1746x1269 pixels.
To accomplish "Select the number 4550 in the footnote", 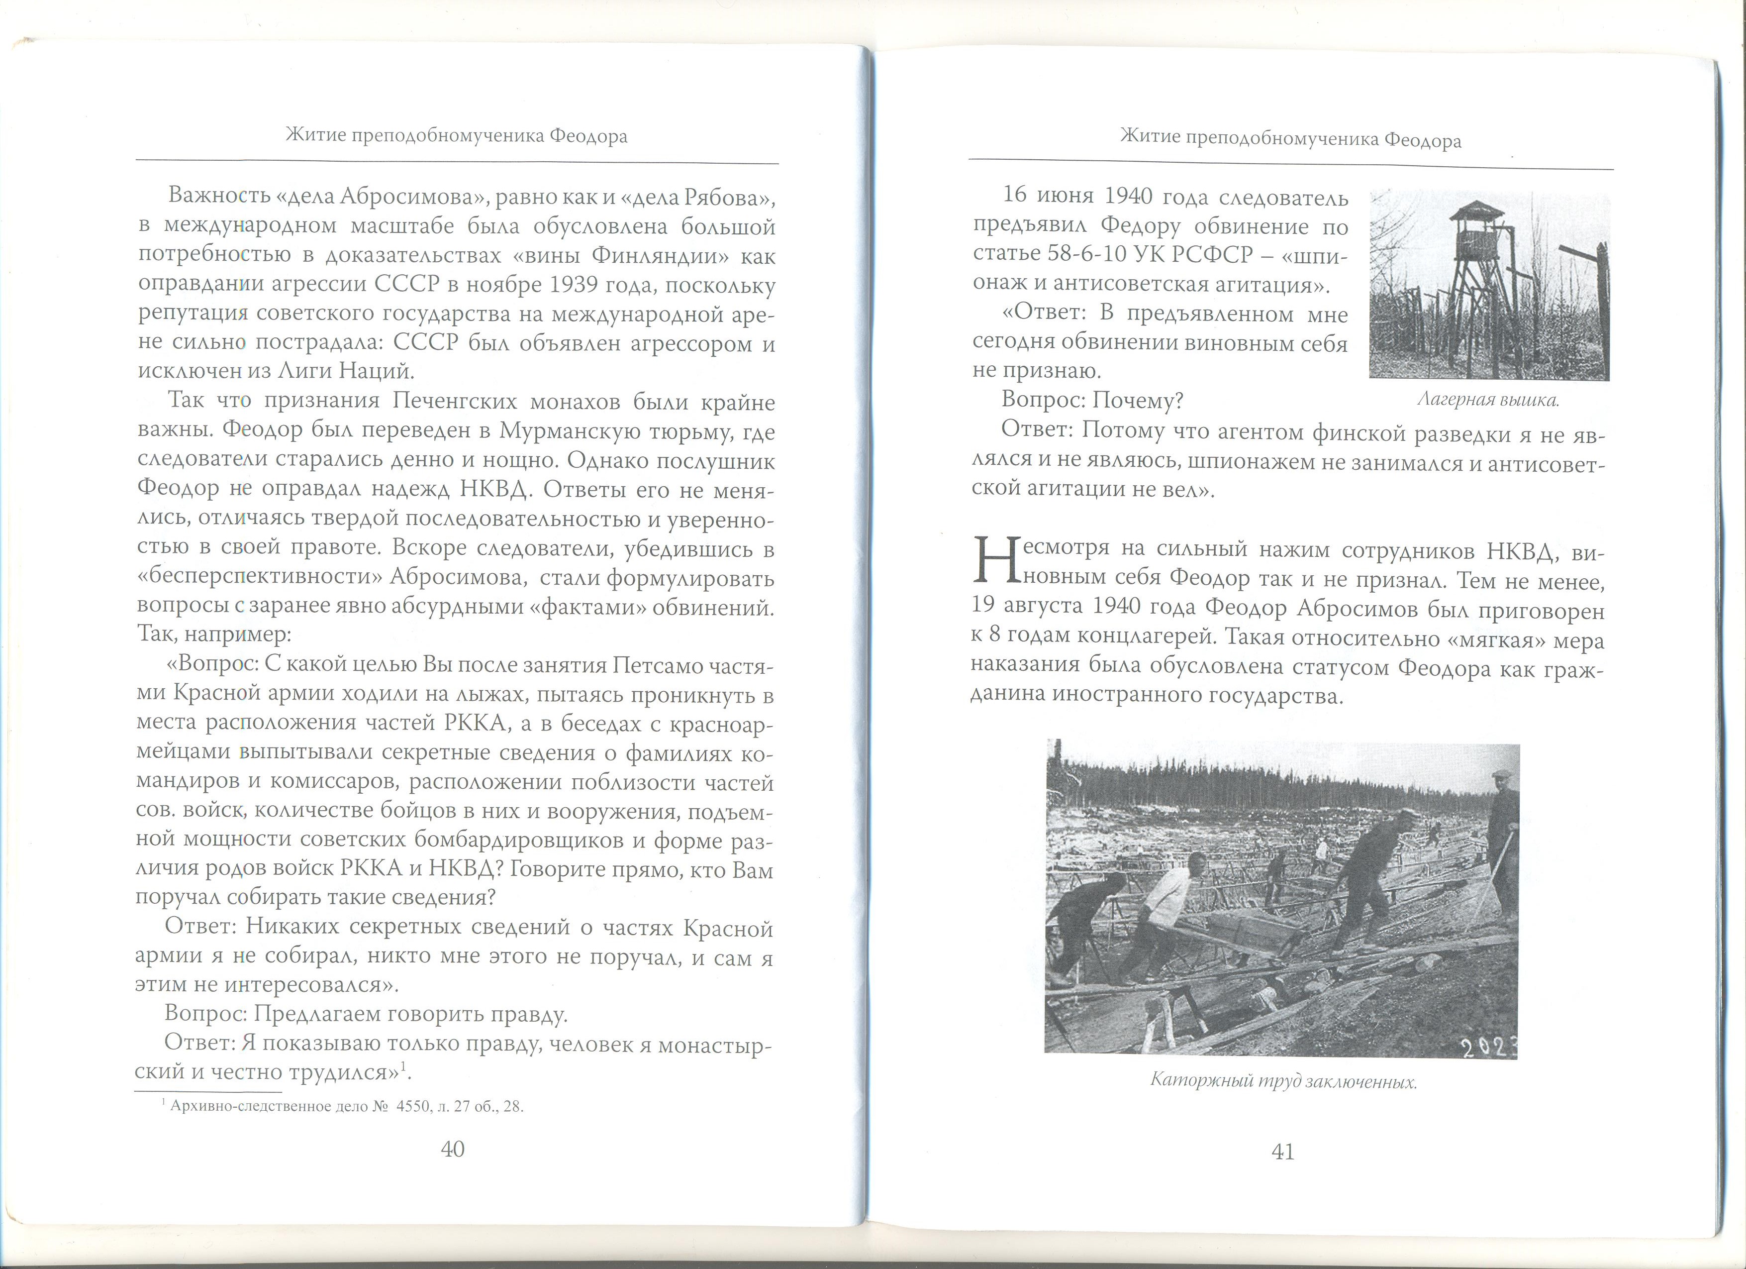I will (416, 1107).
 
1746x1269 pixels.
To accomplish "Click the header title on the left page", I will (457, 136).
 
